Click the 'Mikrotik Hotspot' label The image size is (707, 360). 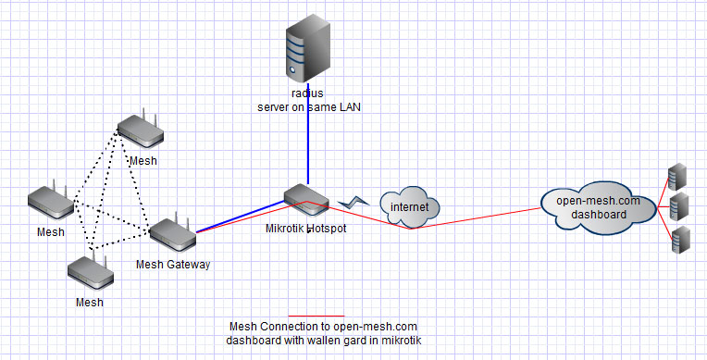[x=305, y=228]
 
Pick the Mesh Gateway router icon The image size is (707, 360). [x=173, y=236]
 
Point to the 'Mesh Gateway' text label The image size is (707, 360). [x=173, y=265]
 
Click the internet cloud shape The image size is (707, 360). [x=408, y=207]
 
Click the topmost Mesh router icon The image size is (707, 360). [x=142, y=131]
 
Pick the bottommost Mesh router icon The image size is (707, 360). [x=90, y=272]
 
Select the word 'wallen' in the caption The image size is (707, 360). [x=328, y=340]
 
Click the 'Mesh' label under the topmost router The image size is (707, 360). [x=143, y=160]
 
